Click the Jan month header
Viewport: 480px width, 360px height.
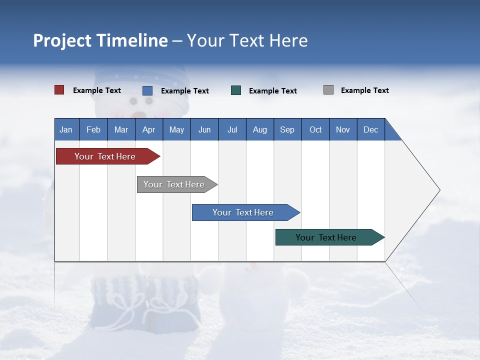[x=66, y=129]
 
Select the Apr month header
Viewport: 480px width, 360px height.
[x=148, y=129]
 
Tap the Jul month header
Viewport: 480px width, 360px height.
[x=232, y=129]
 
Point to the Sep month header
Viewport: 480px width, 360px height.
[x=287, y=129]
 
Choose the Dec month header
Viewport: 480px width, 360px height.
[x=370, y=129]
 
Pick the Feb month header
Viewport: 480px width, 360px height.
[x=93, y=129]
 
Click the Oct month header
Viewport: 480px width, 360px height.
[x=315, y=129]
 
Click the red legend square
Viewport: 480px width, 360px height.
[x=59, y=90]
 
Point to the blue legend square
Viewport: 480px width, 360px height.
[x=147, y=90]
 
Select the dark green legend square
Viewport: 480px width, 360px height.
[x=236, y=90]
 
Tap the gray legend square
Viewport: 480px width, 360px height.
[x=328, y=90]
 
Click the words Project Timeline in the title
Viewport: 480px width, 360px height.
[x=100, y=40]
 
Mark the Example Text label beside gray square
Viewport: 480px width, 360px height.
[x=364, y=90]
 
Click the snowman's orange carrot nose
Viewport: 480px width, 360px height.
[x=141, y=115]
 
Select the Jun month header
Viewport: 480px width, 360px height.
[x=204, y=129]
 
